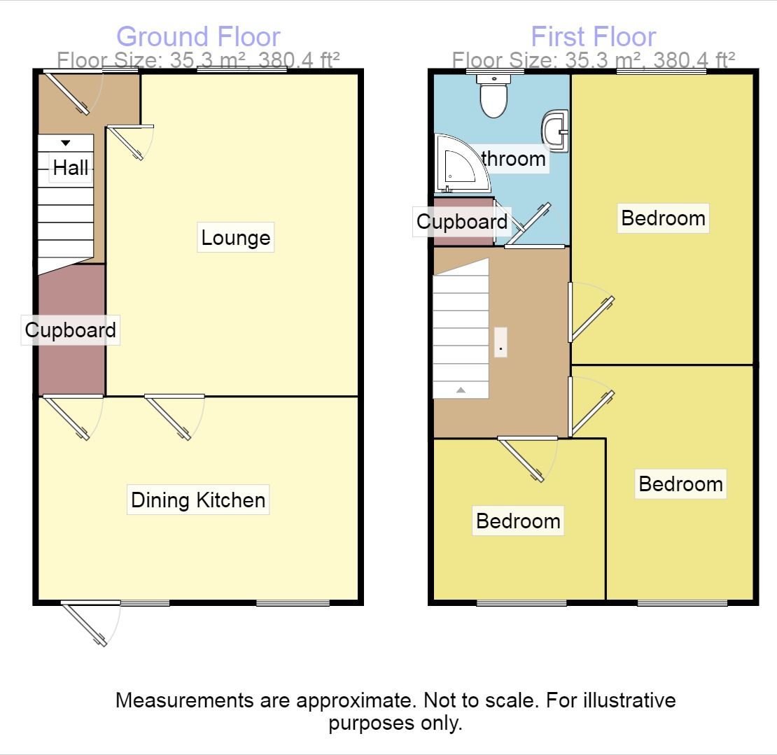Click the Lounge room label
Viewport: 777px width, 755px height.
pyautogui.click(x=235, y=238)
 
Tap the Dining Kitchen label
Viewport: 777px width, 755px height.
pyautogui.click(x=198, y=500)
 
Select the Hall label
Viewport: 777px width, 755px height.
pyautogui.click(x=71, y=168)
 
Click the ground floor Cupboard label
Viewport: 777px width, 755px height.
pyautogui.click(x=70, y=330)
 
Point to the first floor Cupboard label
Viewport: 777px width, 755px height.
pyautogui.click(x=461, y=222)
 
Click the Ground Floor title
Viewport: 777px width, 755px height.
pyautogui.click(x=198, y=36)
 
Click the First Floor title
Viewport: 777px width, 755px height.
pyautogui.click(x=593, y=36)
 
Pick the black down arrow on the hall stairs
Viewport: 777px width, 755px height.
pyautogui.click(x=66, y=143)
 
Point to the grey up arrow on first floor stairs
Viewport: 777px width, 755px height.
pyautogui.click(x=461, y=390)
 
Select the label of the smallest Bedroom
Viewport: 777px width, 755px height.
pyautogui.click(x=518, y=521)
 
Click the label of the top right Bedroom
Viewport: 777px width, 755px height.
pyautogui.click(x=663, y=218)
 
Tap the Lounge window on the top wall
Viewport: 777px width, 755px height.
pyautogui.click(x=242, y=70)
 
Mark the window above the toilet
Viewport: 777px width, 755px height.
pyautogui.click(x=496, y=71)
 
